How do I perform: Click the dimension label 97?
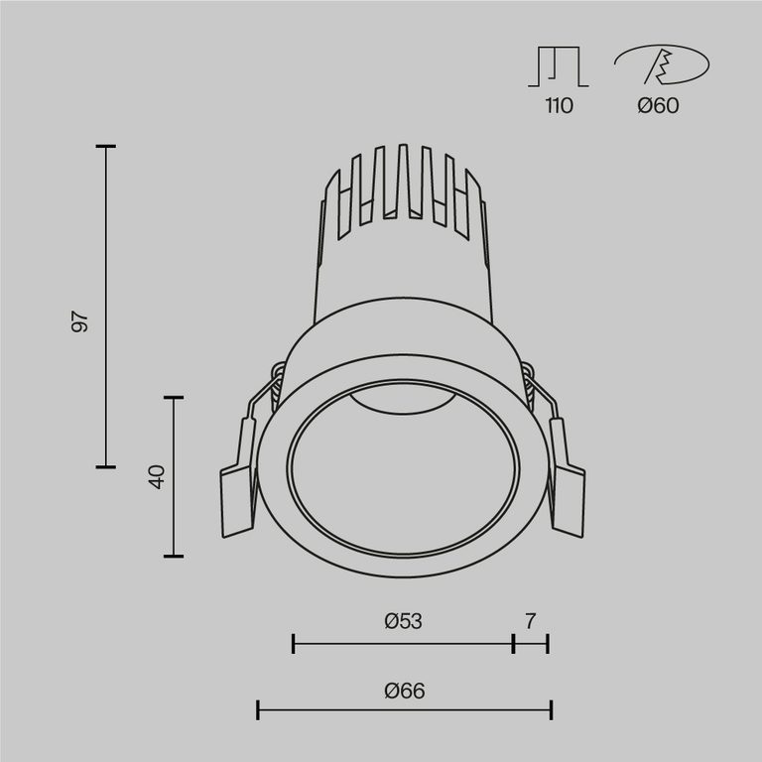(80, 321)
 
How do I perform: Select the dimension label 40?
(155, 476)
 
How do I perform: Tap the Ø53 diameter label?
(403, 622)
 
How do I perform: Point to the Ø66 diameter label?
(404, 691)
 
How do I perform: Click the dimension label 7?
(531, 622)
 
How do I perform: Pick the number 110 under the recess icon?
(559, 106)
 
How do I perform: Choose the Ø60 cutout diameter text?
(659, 106)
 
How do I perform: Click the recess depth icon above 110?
(559, 65)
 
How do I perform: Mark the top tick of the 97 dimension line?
(105, 147)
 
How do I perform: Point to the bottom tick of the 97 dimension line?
(105, 466)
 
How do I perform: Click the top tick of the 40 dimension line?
(174, 398)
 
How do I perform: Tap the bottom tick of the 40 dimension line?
(174, 556)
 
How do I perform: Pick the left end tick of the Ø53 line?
(294, 644)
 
